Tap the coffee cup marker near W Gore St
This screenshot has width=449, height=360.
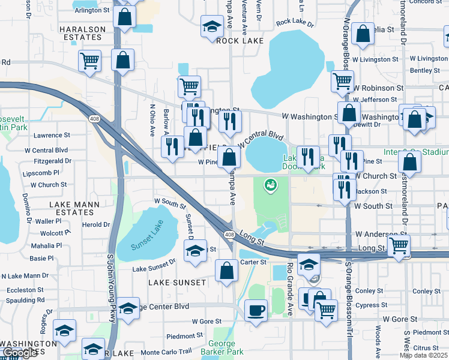coord(256,311)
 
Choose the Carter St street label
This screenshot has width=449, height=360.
coord(255,262)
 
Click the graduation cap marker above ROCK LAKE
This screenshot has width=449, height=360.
coord(211,26)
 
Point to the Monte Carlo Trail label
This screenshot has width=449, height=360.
coord(166,352)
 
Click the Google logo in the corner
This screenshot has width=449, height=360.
coord(20,353)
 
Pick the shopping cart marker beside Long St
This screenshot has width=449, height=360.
coord(399,245)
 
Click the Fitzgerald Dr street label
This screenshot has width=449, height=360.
coord(52,161)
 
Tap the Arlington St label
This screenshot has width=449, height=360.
coord(91,10)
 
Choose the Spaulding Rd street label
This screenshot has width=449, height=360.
coord(23,299)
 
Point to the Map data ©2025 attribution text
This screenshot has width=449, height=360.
coord(424,355)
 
